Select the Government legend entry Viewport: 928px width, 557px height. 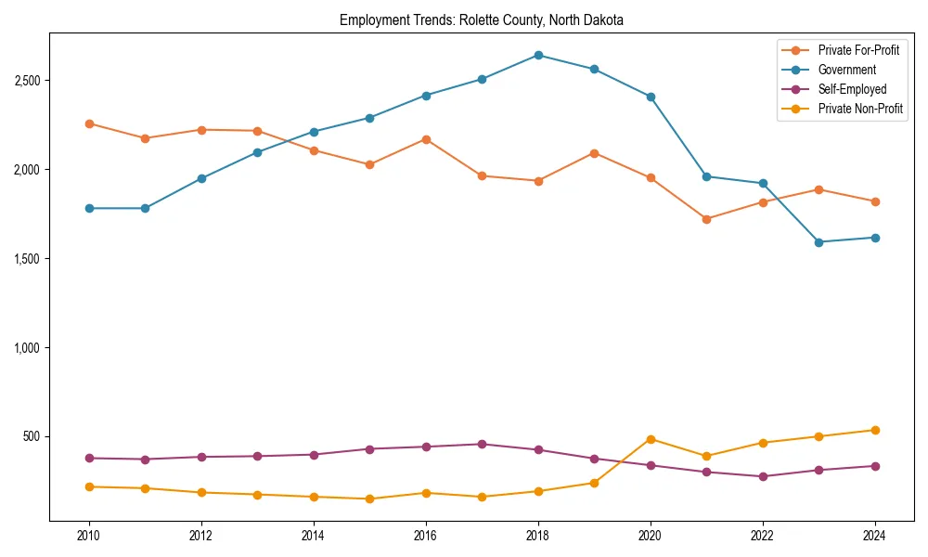pyautogui.click(x=846, y=70)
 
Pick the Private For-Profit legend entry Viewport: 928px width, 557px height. pyautogui.click(x=858, y=50)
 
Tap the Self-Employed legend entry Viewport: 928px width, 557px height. pyautogui.click(x=852, y=89)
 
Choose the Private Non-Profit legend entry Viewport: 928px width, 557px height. pyautogui.click(x=860, y=109)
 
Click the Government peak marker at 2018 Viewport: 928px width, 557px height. pyautogui.click(x=538, y=55)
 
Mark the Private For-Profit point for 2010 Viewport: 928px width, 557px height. pyautogui.click(x=89, y=123)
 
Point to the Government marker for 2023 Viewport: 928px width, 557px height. pyautogui.click(x=818, y=242)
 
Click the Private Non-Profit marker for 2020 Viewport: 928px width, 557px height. pyautogui.click(x=651, y=439)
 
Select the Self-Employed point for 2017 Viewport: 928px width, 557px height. pyautogui.click(x=482, y=444)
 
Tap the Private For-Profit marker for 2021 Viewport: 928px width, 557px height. pyautogui.click(x=706, y=219)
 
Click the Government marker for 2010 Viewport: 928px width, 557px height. pyautogui.click(x=89, y=208)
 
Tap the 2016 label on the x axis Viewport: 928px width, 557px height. pyautogui.click(x=426, y=536)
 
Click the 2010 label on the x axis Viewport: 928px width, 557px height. pyautogui.click(x=89, y=536)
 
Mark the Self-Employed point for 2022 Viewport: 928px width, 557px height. pyautogui.click(x=763, y=476)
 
